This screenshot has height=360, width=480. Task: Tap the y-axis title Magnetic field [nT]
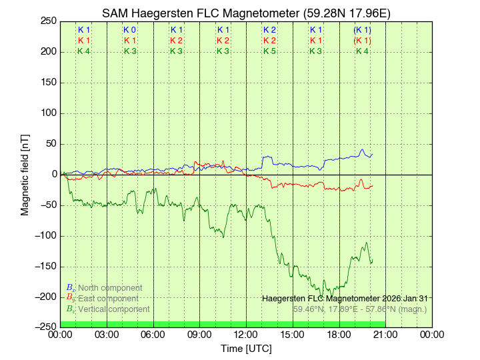(25, 174)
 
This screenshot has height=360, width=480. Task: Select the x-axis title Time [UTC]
(246, 349)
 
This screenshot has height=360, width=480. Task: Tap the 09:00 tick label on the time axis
(199, 335)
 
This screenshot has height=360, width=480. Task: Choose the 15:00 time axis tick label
(293, 335)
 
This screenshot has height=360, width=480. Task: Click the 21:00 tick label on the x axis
(385, 335)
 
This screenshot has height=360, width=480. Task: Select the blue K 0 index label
(130, 30)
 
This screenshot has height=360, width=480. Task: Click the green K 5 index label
(269, 51)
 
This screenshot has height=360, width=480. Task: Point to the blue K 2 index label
(269, 30)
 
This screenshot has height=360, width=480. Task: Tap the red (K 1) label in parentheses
(362, 41)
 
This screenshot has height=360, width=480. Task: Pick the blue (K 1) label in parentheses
(362, 30)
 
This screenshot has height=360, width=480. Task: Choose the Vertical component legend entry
(107, 309)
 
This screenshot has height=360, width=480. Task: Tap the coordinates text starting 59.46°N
(360, 309)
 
